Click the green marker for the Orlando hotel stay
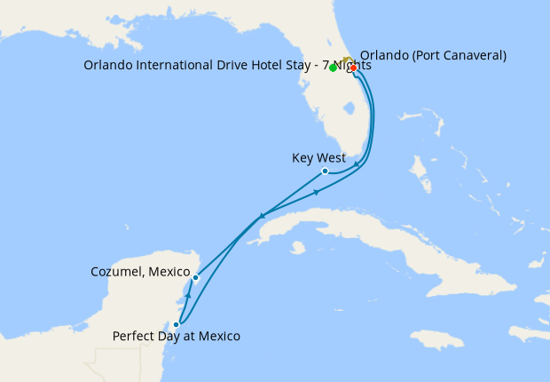tap(333, 68)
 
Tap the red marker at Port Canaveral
tap(353, 68)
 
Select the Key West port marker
tap(326, 171)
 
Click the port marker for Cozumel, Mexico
tap(196, 278)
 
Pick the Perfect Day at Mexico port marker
tap(177, 325)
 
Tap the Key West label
tap(318, 158)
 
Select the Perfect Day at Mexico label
tap(176, 337)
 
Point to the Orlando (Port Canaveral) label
tap(433, 55)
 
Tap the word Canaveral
tap(468, 55)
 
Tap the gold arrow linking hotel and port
tap(346, 60)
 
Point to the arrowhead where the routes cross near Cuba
tap(262, 216)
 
